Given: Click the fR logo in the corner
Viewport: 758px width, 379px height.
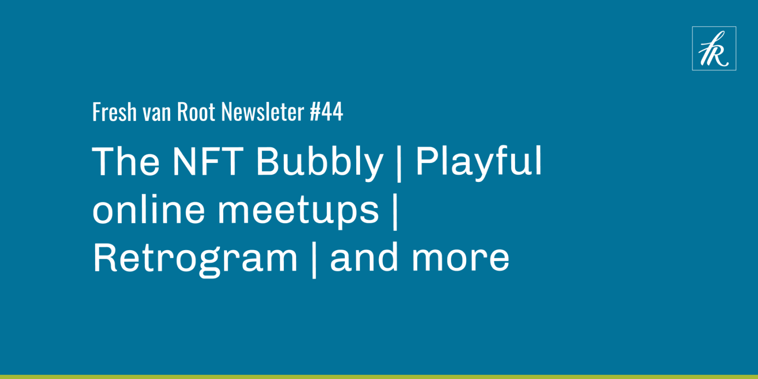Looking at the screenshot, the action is click(x=714, y=48).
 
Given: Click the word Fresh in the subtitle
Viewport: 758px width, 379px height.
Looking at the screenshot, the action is click(x=114, y=112).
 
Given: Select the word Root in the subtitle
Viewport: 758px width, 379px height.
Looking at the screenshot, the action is click(x=196, y=112).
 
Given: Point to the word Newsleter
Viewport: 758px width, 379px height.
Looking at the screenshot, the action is click(x=262, y=112).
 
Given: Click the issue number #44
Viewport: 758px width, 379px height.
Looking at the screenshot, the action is click(x=326, y=112).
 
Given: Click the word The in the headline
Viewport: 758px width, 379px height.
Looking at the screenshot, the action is click(x=126, y=162).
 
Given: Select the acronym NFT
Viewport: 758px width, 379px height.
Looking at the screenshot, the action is click(x=208, y=162).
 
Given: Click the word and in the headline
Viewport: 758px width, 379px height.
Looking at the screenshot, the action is click(x=364, y=257).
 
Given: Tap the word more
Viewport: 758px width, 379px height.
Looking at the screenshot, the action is click(x=460, y=260).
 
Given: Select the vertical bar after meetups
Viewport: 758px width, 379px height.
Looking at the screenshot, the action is click(x=395, y=212).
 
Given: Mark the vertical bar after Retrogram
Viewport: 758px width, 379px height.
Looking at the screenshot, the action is click(x=314, y=260).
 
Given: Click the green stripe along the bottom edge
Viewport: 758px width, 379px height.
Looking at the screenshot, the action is click(x=379, y=377).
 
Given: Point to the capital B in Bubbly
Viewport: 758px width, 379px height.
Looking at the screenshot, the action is click(x=268, y=162).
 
